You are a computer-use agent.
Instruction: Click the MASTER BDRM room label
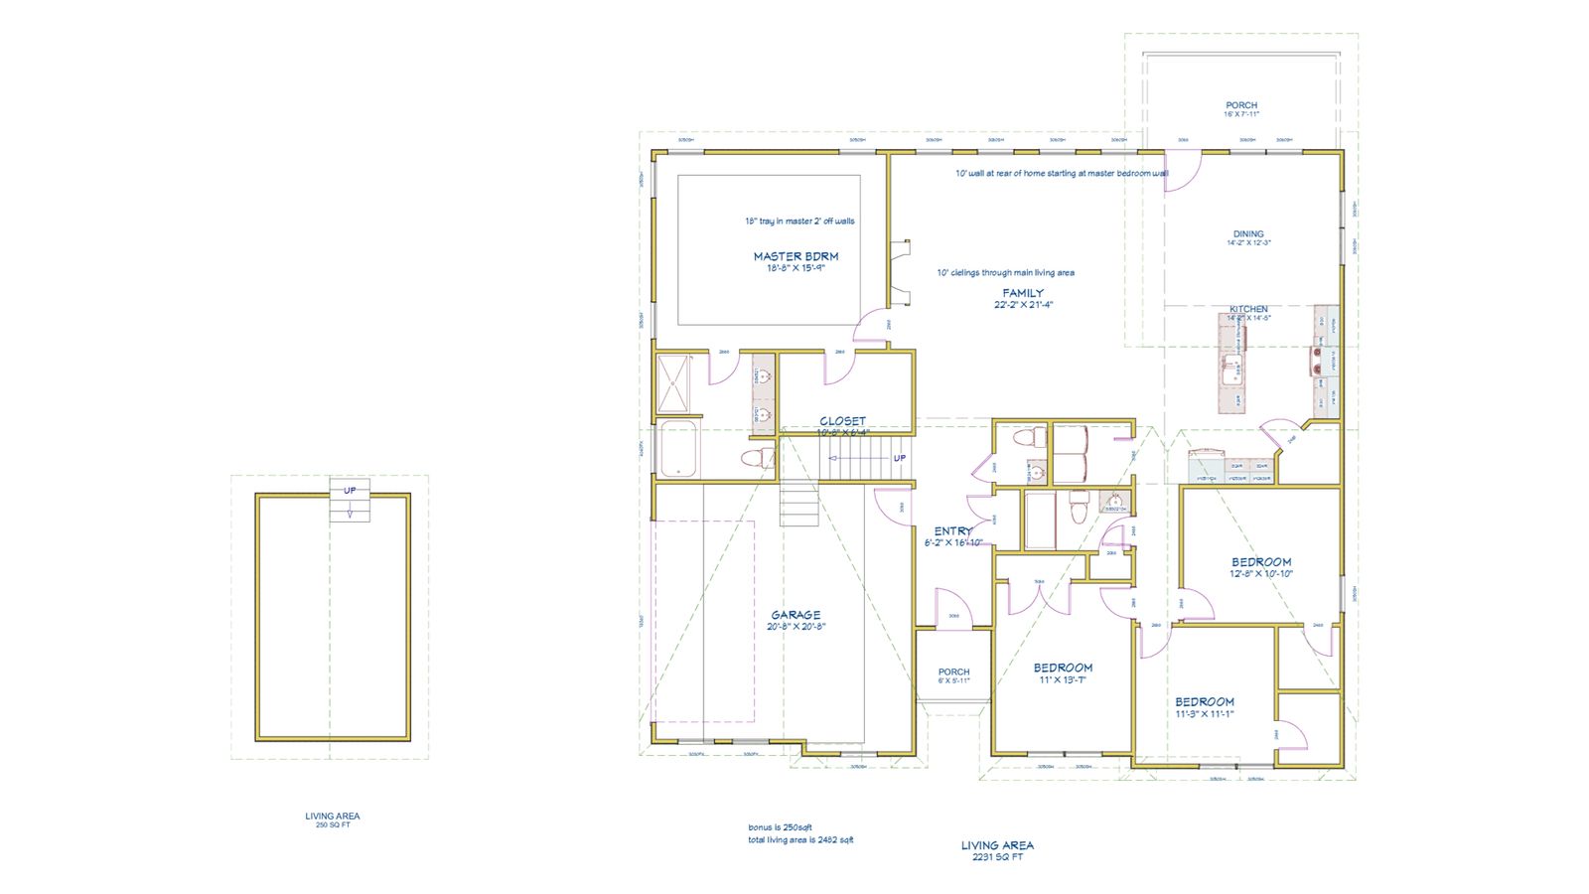click(795, 256)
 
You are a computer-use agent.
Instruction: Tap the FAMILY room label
click(1023, 293)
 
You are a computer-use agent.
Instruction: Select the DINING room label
click(1248, 234)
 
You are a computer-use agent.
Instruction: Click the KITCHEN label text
click(1248, 309)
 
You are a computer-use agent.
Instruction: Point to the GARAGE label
click(795, 615)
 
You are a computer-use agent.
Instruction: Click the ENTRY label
click(953, 531)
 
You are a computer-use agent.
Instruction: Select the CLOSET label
click(842, 421)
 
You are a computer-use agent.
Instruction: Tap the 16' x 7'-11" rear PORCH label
click(1241, 105)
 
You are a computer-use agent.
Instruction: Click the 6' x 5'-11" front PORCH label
click(953, 672)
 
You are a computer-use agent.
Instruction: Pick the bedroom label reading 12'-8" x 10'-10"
click(1261, 562)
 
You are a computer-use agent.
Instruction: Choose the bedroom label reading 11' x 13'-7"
click(1063, 669)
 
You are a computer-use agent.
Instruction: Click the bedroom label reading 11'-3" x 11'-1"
click(1205, 702)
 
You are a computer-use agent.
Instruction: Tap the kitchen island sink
click(1231, 370)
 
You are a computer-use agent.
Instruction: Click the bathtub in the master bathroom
click(679, 450)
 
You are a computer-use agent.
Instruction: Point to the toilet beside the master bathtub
click(759, 458)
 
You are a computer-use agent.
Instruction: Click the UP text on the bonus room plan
click(350, 491)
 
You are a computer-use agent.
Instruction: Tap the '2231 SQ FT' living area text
click(997, 856)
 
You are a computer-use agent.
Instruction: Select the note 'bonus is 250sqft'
click(780, 827)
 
